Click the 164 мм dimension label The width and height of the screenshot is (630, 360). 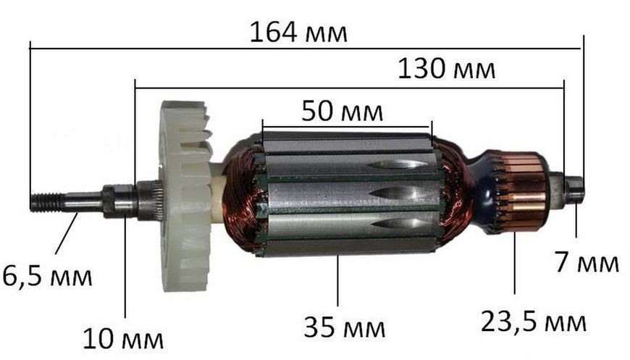pos(298,33)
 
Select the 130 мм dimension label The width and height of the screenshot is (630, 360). pos(446,69)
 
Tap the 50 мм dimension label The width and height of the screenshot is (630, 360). pos(343,112)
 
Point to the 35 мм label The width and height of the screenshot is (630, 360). pos(345,327)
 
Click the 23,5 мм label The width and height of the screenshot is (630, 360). pos(534,322)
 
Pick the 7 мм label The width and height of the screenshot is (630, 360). pos(587,262)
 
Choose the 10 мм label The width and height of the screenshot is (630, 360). pos(123,339)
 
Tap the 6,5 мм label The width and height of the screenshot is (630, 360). pos(47,276)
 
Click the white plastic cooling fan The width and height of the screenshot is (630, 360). pos(187,196)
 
